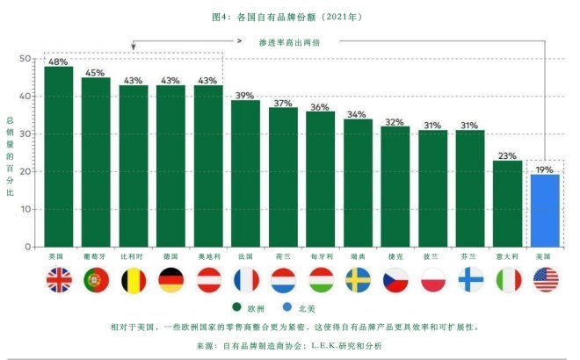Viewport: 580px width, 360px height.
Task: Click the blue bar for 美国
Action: pos(545,210)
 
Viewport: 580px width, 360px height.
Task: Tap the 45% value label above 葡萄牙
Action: pos(96,73)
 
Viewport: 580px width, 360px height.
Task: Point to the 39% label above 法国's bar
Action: pos(245,96)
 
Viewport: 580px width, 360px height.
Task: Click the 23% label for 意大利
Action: pos(507,155)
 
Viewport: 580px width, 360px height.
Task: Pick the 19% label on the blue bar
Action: pos(545,169)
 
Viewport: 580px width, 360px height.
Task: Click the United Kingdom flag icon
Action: pos(59,279)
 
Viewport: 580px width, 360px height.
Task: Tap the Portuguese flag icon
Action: pos(96,279)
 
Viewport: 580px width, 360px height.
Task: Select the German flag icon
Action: pos(170,279)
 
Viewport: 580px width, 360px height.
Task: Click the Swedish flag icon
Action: pos(358,279)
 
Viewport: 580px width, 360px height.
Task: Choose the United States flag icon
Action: pos(545,279)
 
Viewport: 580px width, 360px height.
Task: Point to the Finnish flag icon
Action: pos(470,279)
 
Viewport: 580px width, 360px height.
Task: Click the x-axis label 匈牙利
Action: pos(320,256)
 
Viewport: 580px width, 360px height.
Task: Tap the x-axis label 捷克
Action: pos(395,256)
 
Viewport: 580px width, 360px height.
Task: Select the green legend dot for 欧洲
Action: pos(237,307)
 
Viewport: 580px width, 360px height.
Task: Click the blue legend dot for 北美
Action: pos(288,307)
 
